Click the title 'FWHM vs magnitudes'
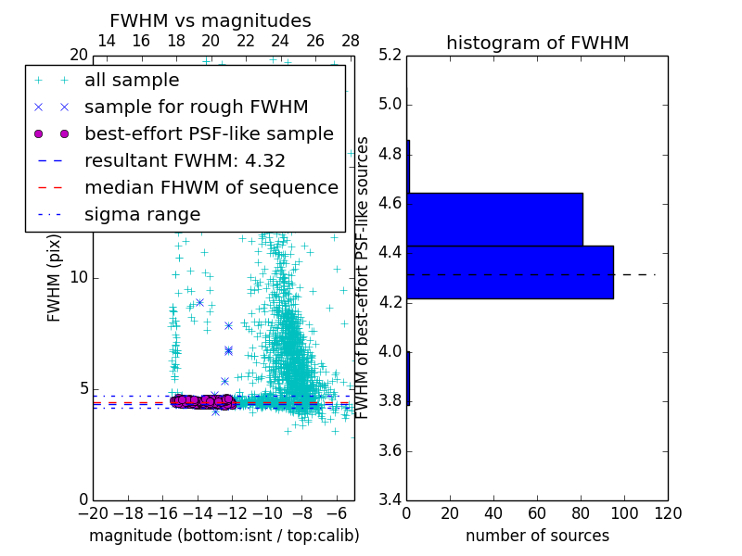[211, 20]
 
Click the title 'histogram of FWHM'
[537, 43]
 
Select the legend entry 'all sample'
[132, 81]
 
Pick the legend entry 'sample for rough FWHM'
[196, 107]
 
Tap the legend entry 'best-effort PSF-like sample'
[209, 133]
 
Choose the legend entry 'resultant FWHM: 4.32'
[185, 160]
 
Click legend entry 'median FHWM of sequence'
[211, 187]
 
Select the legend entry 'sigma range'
[142, 214]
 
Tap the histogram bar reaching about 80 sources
[495, 219]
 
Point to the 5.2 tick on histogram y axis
[390, 55]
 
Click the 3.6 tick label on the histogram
[390, 451]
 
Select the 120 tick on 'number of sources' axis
[667, 512]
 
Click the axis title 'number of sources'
[537, 536]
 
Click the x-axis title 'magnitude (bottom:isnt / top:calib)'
[224, 536]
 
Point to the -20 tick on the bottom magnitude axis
[93, 512]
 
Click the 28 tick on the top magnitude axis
[351, 41]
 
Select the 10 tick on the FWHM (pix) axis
[79, 278]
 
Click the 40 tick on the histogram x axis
[493, 512]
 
